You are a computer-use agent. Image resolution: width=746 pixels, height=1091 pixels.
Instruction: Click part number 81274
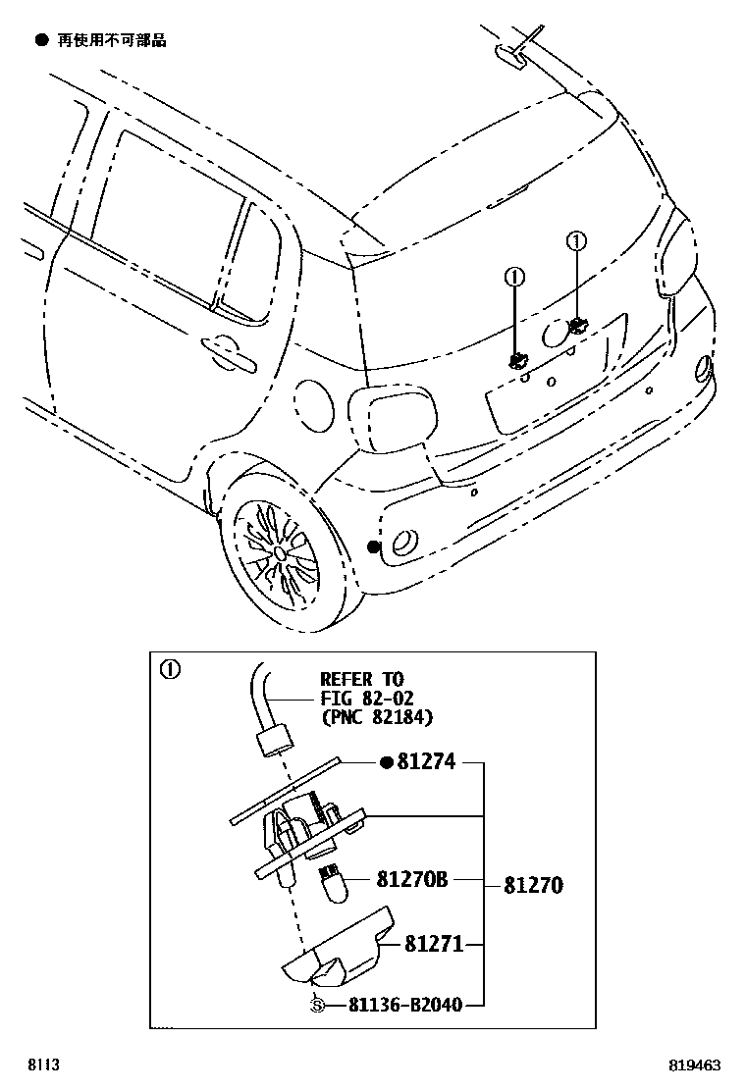point(427,761)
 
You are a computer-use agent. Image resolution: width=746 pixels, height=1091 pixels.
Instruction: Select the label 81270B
point(411,880)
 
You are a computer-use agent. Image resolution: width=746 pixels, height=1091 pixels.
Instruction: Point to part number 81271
point(435,945)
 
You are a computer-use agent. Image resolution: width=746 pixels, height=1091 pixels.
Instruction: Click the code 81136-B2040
point(403,1004)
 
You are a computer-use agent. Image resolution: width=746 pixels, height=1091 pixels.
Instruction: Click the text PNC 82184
point(376,717)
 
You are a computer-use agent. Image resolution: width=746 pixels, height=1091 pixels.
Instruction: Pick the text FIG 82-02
point(368,699)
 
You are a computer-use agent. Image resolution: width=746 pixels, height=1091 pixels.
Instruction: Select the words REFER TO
point(361,680)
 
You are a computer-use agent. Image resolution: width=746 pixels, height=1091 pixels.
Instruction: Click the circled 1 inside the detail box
point(170,670)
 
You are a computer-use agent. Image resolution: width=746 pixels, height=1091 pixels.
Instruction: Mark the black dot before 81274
point(387,762)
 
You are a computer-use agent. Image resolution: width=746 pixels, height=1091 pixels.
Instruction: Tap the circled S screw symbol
point(316,1004)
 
